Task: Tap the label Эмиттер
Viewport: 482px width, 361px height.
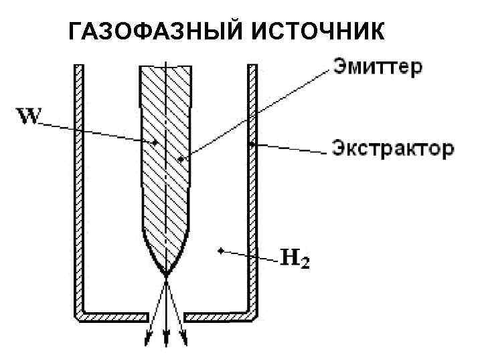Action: click(377, 68)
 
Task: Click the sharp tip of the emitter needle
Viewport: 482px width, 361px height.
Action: click(165, 275)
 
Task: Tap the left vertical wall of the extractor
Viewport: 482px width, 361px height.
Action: click(78, 187)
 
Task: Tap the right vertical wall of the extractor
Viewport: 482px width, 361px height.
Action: click(252, 187)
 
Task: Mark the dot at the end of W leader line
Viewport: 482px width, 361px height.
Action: click(156, 142)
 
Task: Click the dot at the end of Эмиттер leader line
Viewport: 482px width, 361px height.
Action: click(179, 159)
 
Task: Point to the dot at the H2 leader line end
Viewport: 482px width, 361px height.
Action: click(220, 250)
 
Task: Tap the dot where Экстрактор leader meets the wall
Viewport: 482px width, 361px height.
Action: click(250, 143)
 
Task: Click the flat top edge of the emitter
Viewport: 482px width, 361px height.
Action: click(165, 66)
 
